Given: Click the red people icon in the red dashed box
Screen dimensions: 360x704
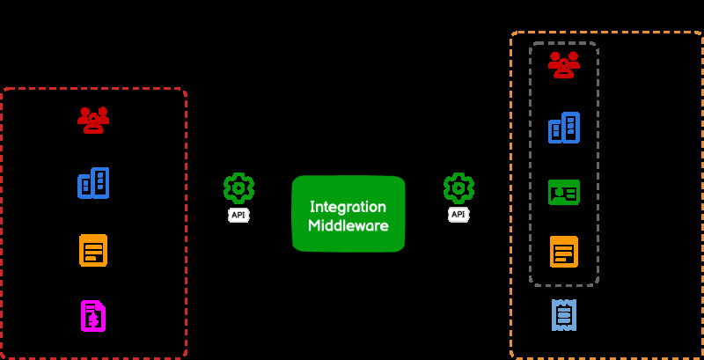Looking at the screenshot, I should (x=92, y=119).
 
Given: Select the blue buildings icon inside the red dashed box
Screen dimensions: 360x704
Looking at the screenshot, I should (x=93, y=183).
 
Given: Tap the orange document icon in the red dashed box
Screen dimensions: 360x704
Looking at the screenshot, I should (x=92, y=250).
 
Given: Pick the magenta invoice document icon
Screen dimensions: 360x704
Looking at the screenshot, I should (x=92, y=316).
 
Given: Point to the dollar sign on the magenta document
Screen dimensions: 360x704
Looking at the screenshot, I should (x=92, y=320).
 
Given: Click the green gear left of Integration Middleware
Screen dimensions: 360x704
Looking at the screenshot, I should (x=238, y=188).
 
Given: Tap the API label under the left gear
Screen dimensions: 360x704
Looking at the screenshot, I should (x=238, y=215).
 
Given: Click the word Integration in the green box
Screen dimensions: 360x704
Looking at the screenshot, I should (x=348, y=207).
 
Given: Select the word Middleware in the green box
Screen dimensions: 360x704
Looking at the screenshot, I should (x=348, y=225).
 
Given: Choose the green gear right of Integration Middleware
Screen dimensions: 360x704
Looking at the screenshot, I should (x=458, y=188).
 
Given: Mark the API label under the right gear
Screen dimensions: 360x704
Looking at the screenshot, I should (x=458, y=215).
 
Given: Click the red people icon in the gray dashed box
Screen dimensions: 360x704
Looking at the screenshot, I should (x=564, y=64).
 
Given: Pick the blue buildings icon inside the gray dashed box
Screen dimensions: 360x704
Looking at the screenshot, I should (x=564, y=128).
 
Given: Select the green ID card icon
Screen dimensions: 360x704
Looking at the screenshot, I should (x=564, y=191).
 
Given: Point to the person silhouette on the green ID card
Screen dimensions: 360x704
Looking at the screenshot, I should (x=558, y=191).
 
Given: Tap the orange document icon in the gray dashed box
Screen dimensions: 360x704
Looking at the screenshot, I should (x=564, y=252).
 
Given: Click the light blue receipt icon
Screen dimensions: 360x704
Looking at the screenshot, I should (x=564, y=314).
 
